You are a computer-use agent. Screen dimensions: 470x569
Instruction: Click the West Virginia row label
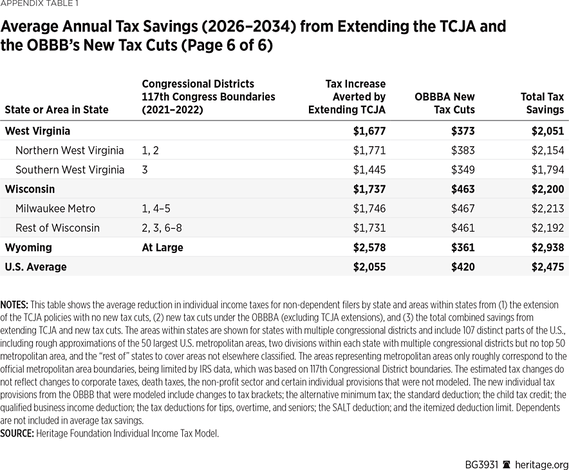coord(37,131)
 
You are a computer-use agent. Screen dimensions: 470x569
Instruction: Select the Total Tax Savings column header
coord(541,103)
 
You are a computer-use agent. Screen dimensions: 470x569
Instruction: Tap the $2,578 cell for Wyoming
coord(369,247)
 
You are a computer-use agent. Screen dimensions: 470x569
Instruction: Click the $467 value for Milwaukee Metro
coord(462,209)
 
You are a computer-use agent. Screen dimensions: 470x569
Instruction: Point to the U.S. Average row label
coord(35,267)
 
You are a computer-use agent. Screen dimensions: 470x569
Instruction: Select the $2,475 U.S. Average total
coord(547,267)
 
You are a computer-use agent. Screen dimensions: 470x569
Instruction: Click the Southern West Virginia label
coord(70,170)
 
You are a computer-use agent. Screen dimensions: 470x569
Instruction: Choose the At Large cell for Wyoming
coord(162,247)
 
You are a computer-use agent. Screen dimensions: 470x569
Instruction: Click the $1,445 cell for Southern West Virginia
coord(369,170)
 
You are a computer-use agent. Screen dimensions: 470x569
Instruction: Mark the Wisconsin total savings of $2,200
coord(547,189)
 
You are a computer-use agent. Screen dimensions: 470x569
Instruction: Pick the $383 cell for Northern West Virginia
coord(462,151)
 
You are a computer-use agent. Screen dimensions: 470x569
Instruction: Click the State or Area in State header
coord(56,109)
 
